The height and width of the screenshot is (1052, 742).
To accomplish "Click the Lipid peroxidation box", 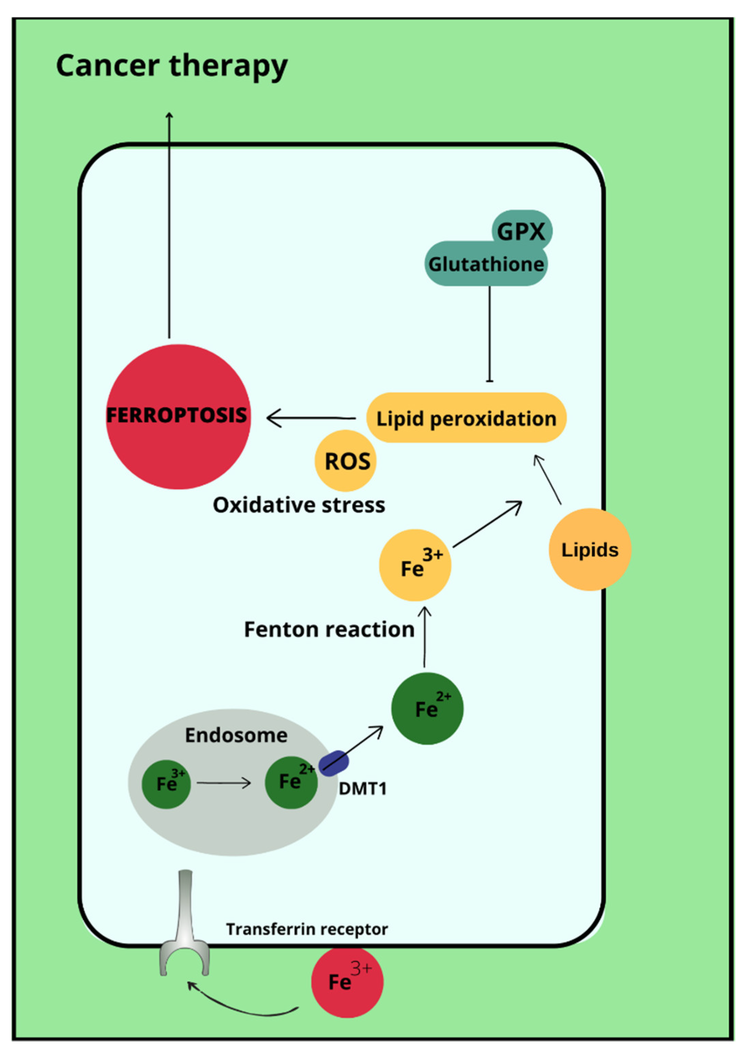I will (x=466, y=418).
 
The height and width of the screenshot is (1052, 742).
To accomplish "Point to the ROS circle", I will (x=346, y=461).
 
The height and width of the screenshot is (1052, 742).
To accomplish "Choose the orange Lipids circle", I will (x=589, y=549).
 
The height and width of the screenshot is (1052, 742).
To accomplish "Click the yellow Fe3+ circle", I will (x=415, y=565).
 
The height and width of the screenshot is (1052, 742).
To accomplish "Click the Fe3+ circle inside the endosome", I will (x=166, y=784).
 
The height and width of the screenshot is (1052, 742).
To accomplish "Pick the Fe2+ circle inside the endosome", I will (x=291, y=782).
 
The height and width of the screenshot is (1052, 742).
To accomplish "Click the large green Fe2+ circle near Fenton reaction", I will (x=427, y=709).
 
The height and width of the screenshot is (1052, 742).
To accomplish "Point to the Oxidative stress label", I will (x=299, y=505).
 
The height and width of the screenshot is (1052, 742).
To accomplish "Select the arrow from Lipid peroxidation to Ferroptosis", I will (x=312, y=418).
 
